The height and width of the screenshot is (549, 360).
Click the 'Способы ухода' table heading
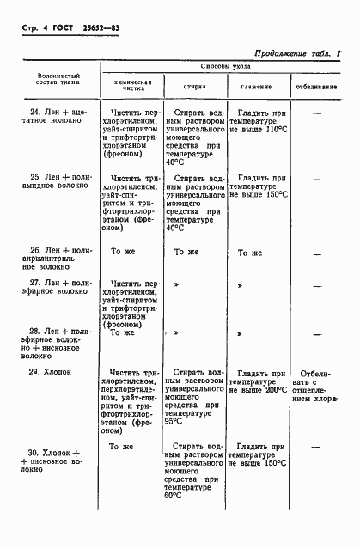[227, 66]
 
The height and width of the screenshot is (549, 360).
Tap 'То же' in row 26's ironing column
[249, 253]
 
